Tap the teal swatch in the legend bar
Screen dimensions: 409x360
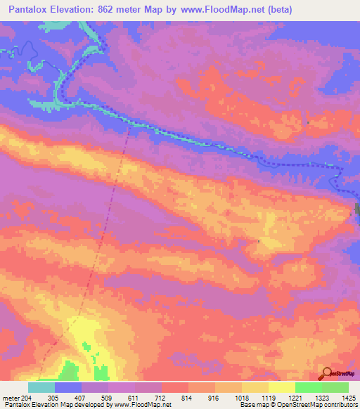tap(41, 387)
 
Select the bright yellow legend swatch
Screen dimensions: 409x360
tap(282, 387)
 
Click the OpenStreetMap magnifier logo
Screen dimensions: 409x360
tap(326, 375)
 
